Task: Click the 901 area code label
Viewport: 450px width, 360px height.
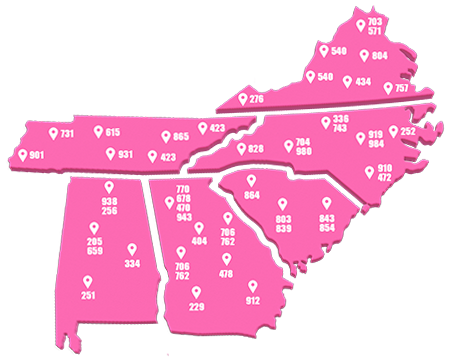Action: (x=37, y=156)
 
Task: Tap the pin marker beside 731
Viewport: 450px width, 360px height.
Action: (x=53, y=132)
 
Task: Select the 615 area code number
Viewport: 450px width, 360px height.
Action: (x=113, y=132)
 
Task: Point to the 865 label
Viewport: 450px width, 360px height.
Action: (x=181, y=136)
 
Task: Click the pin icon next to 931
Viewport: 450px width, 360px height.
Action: (x=109, y=154)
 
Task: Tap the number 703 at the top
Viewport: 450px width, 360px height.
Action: (x=375, y=21)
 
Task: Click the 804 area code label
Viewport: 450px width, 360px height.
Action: (x=379, y=55)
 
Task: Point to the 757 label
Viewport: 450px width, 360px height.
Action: (x=401, y=89)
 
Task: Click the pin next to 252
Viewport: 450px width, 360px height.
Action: (x=393, y=131)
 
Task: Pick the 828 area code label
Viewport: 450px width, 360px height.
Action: (x=256, y=149)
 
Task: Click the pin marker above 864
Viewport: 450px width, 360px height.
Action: (x=250, y=180)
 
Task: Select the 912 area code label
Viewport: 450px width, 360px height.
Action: (x=252, y=299)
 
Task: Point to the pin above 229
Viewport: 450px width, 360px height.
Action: (x=196, y=292)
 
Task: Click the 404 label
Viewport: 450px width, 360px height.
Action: (x=199, y=241)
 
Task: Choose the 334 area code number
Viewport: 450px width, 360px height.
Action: (x=131, y=263)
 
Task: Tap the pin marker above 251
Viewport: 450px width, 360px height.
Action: (x=87, y=281)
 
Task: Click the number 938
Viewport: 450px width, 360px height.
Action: (x=109, y=201)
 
